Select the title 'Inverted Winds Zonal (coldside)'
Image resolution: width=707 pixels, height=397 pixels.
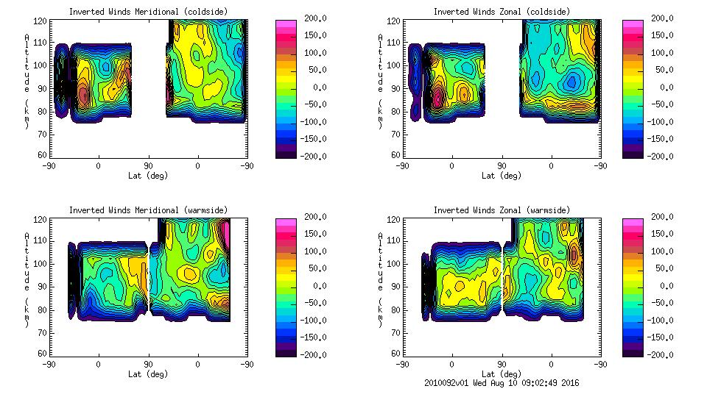pos(502,12)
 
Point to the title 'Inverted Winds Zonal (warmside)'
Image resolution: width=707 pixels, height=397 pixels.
pos(502,210)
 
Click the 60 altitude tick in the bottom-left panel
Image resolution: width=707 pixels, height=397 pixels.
pos(43,354)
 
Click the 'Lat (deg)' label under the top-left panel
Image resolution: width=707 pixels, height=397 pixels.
pos(147,176)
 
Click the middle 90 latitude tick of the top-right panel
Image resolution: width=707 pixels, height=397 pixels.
pos(502,166)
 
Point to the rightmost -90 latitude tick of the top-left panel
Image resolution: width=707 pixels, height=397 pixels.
pos(247,166)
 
